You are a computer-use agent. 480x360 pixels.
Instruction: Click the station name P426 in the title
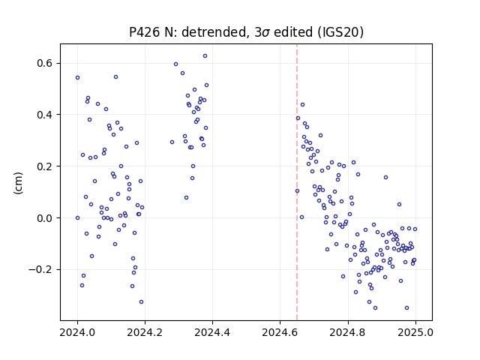pyautogui.click(x=145, y=32)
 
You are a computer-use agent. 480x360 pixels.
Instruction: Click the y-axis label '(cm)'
pyautogui.click(x=18, y=183)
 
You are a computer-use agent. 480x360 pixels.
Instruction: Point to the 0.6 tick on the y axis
pyautogui.click(x=46, y=63)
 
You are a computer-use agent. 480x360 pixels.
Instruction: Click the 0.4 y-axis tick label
pyautogui.click(x=46, y=115)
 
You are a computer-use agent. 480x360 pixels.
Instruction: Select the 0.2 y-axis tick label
pyautogui.click(x=46, y=166)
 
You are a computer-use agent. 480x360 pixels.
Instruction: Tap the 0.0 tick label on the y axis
pyautogui.click(x=46, y=218)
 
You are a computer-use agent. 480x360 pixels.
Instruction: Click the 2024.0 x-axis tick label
pyautogui.click(x=77, y=332)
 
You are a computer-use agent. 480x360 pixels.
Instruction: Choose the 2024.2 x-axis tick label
pyautogui.click(x=145, y=332)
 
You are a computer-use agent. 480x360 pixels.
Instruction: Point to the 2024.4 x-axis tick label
pyautogui.click(x=212, y=332)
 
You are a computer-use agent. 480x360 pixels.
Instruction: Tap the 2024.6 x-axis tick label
pyautogui.click(x=280, y=332)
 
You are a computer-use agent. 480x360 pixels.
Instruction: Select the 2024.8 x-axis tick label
pyautogui.click(x=348, y=332)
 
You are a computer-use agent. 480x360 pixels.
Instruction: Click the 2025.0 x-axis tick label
pyautogui.click(x=415, y=332)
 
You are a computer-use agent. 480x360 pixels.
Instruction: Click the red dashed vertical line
pyautogui.click(x=297, y=182)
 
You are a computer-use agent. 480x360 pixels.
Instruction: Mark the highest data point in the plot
pyautogui.click(x=205, y=55)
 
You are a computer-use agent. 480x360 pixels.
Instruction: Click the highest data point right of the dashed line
pyautogui.click(x=302, y=105)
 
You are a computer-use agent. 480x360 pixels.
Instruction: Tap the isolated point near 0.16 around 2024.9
pyautogui.click(x=385, y=177)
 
